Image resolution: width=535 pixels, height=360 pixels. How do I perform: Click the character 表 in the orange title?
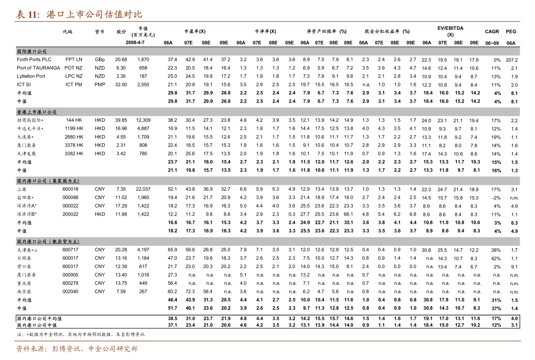coord(20,14)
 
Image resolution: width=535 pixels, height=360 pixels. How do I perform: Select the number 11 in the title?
coord(33,14)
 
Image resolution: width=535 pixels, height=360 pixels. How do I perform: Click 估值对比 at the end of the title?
coord(123,14)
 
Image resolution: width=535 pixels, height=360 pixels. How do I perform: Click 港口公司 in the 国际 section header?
coord(37,52)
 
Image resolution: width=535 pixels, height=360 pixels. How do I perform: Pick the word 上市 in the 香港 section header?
coord(32,112)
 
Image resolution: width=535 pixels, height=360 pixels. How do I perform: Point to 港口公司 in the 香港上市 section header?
coord(47,112)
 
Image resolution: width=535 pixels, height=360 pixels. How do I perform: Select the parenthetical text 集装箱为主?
coord(65,181)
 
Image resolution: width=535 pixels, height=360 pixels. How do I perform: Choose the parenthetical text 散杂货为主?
coord(65,242)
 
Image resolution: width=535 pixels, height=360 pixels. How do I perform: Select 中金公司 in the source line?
coord(102,349)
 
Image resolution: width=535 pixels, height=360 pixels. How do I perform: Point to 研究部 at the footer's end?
coord(127,349)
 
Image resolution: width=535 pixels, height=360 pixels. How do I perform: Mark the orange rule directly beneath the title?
coord(267,22)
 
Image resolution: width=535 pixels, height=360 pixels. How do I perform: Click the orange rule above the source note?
coord(267,341)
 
